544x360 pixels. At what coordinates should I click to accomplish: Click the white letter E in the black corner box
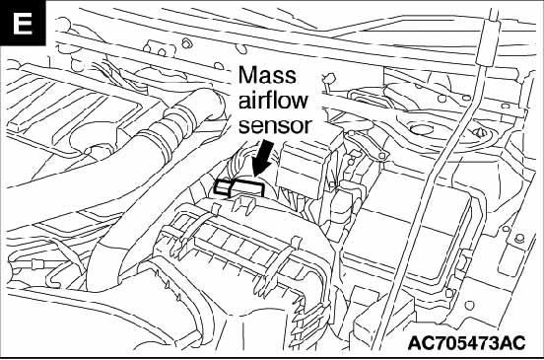click(23, 24)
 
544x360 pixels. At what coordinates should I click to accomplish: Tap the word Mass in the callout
click(267, 75)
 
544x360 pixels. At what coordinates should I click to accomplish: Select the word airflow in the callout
click(273, 100)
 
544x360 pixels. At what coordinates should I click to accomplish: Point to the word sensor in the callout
click(274, 125)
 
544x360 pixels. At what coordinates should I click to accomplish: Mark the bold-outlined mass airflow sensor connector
click(239, 187)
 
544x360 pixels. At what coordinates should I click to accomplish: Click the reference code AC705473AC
click(466, 343)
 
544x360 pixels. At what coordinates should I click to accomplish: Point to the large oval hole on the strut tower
click(421, 129)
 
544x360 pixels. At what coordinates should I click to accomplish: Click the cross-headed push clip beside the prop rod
click(480, 132)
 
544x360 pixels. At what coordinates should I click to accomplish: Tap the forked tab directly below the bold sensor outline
click(242, 204)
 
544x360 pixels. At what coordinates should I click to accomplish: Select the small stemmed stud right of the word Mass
click(329, 81)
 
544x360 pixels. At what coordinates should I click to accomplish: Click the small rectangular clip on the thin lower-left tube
click(36, 265)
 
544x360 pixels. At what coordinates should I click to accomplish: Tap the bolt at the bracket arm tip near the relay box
click(382, 156)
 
